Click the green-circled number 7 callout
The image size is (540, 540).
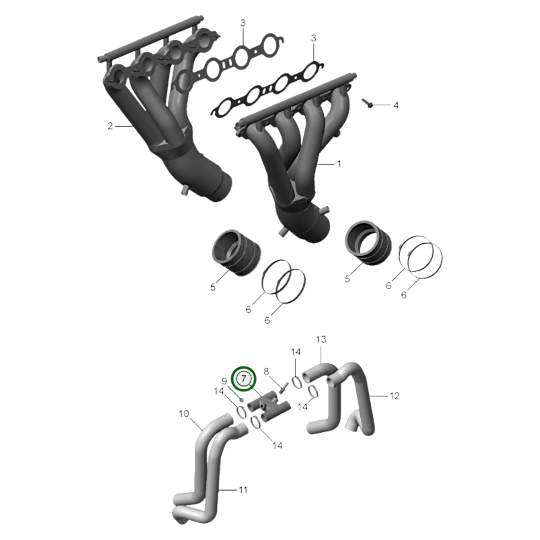(x=243, y=378)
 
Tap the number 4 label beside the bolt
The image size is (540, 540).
(x=396, y=105)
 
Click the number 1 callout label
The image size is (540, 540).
(x=339, y=164)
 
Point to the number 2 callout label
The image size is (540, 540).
(x=110, y=126)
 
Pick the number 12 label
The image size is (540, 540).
(x=394, y=396)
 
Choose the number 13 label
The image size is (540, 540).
(x=321, y=340)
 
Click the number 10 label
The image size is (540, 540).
(x=184, y=414)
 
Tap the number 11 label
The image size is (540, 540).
(x=243, y=490)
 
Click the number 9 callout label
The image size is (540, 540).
(x=225, y=381)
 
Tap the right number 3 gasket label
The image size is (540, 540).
(x=314, y=38)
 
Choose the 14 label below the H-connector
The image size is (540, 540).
(x=277, y=445)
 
